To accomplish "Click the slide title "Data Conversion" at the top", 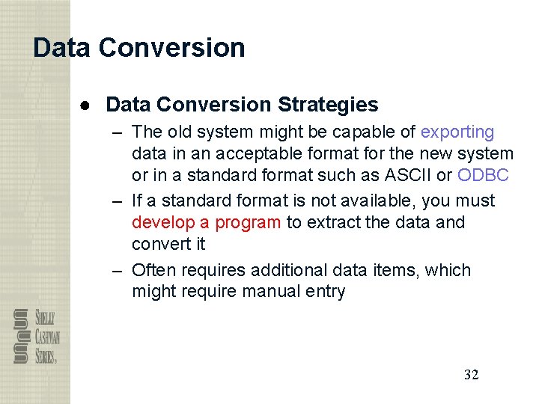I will coord(139,48).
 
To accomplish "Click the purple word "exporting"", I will coord(457,132).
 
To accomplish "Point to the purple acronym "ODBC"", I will coord(483,175).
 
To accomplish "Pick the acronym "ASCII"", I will coord(409,175).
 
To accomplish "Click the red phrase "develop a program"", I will coord(207,222).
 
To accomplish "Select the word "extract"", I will coord(335,222).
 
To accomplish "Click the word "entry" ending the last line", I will coord(324,292).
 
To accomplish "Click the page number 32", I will coord(471,375).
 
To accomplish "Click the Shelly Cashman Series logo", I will coord(36,336).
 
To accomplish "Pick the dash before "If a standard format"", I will coord(118,201).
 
